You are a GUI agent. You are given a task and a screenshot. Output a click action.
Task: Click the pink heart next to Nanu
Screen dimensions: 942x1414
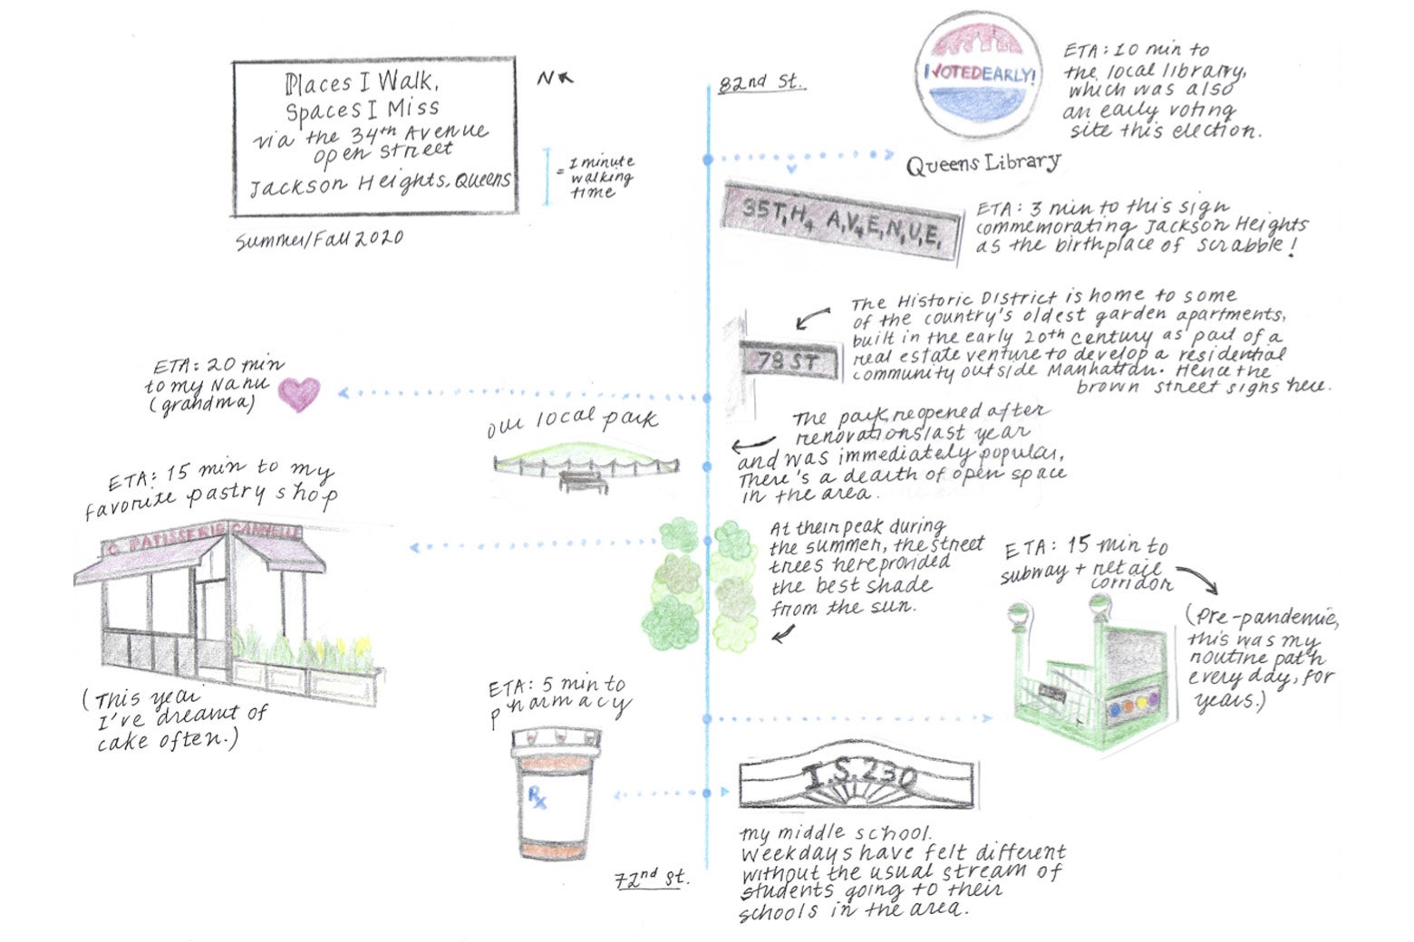(x=298, y=394)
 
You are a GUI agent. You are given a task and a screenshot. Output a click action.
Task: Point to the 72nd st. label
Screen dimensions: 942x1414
(x=651, y=878)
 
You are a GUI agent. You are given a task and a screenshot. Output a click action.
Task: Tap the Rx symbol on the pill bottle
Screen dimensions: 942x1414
(x=538, y=798)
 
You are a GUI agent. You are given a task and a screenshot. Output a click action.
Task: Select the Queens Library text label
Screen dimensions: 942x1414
(x=983, y=163)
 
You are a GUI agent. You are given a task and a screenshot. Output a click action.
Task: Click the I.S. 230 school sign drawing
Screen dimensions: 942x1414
(x=857, y=777)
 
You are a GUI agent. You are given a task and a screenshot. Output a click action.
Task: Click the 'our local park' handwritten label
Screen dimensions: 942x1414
(x=571, y=420)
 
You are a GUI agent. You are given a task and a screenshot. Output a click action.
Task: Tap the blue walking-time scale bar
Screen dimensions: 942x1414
(x=547, y=177)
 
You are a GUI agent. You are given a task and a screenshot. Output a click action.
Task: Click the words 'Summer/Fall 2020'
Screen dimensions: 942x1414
(x=319, y=240)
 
